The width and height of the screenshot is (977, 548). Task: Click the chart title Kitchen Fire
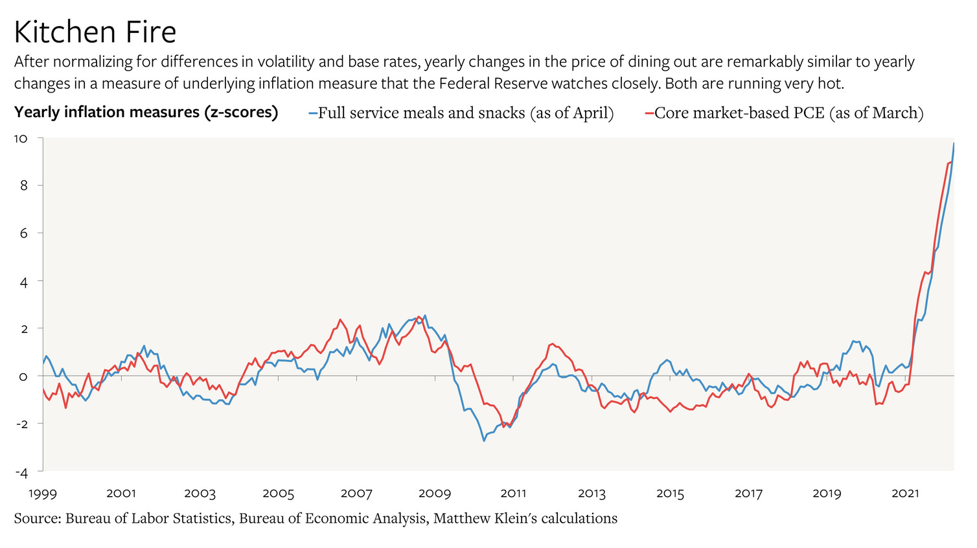coord(95,32)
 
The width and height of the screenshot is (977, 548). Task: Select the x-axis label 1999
coord(43,494)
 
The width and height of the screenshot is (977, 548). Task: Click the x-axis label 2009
coord(435,494)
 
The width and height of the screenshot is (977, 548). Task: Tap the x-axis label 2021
coord(905,494)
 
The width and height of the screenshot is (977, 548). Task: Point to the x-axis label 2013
coord(592,494)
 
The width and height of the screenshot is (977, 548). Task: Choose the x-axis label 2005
coord(278,494)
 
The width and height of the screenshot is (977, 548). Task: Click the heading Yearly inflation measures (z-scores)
coord(146,113)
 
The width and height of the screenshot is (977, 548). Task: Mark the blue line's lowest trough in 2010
coord(483,441)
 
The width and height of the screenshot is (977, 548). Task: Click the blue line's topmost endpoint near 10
coord(954,143)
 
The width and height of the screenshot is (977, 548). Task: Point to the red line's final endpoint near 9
coord(951,162)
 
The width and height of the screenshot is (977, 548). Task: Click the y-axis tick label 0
coord(23,376)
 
